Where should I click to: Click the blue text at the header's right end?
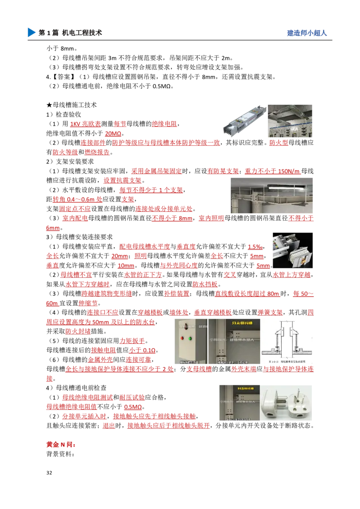(306, 34)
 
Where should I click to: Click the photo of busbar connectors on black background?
(291, 250)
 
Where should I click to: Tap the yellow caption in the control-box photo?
(238, 323)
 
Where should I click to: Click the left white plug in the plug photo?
(274, 402)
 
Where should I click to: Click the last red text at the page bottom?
(60, 444)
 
